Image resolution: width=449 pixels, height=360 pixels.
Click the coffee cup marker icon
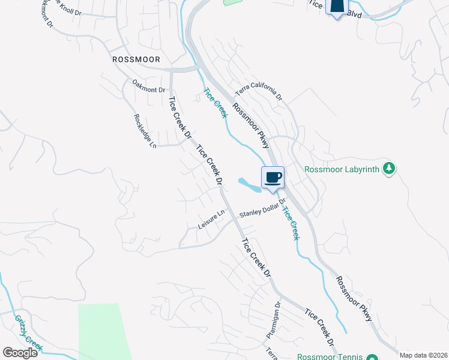coord(273,178)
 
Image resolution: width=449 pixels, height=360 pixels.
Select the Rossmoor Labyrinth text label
coord(342,169)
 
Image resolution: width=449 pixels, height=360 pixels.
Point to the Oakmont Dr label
coord(148,89)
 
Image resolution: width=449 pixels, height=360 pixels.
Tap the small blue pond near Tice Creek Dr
coord(249,184)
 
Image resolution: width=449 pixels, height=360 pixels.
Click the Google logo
coord(20,352)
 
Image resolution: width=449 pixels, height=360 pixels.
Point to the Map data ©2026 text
coord(424,355)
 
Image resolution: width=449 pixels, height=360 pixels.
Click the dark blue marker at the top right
coord(337,7)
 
